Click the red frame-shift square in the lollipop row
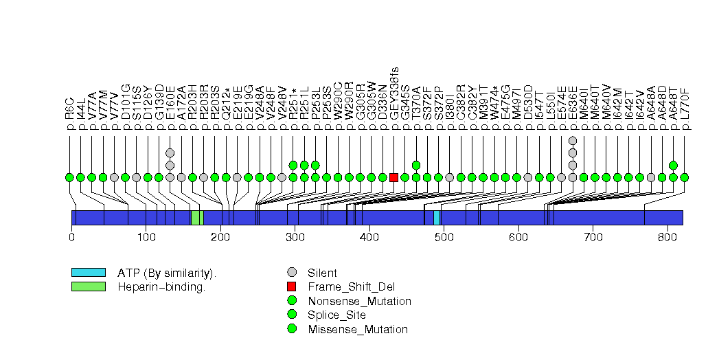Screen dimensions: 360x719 click(x=393, y=177)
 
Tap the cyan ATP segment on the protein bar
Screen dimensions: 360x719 click(x=437, y=217)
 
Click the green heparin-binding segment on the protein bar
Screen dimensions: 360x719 click(x=196, y=217)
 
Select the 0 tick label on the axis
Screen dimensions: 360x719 click(x=71, y=238)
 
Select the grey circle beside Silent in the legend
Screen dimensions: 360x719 click(x=293, y=273)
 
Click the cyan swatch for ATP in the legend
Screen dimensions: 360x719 click(x=89, y=273)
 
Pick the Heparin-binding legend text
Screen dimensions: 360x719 click(x=161, y=286)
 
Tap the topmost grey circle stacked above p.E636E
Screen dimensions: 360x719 click(x=573, y=141)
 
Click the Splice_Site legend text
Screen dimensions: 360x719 click(x=337, y=315)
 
